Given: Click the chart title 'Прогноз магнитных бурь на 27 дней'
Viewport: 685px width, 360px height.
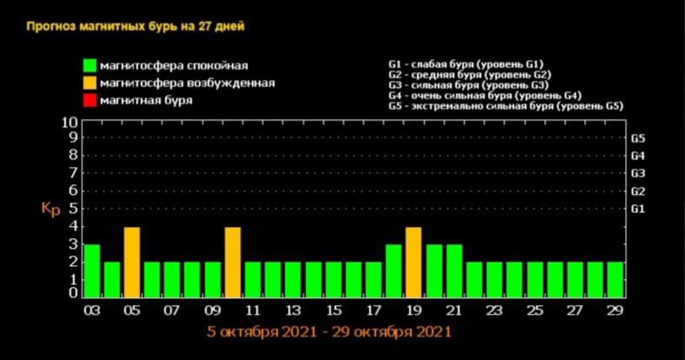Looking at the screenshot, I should coord(135,26).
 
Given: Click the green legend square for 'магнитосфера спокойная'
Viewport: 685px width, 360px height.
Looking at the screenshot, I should coord(89,65).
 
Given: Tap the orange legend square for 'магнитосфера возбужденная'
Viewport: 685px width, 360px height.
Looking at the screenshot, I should coord(89,83).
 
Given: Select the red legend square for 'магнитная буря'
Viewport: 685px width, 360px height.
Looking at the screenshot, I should coord(89,100).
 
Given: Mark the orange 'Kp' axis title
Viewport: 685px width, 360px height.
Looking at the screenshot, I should coord(50,208).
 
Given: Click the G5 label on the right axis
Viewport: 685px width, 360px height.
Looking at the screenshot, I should coord(637,138).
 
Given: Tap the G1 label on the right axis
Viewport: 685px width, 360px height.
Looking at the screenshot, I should coord(637,209).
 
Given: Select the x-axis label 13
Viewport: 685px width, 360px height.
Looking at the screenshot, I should coord(294,310).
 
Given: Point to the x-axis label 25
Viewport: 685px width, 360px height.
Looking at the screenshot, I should coord(535,310).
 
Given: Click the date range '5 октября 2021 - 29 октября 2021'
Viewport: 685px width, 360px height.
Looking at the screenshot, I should coord(329,331).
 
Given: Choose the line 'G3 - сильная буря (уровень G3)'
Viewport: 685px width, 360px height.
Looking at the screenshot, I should coord(468,85).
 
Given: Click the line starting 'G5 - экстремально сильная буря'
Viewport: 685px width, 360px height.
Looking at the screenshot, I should coord(505,105).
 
